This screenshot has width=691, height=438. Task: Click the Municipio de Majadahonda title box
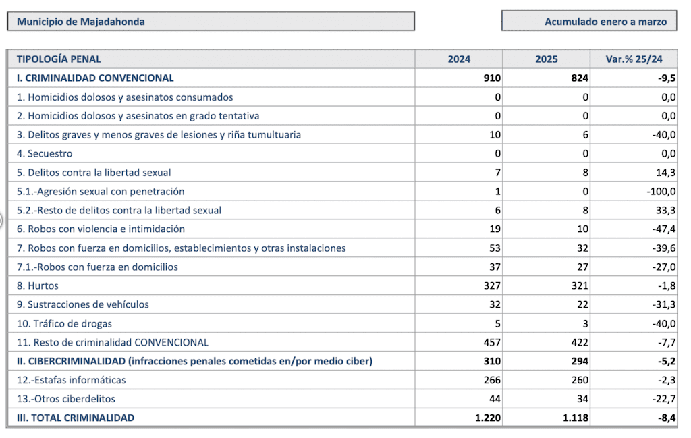click(211, 21)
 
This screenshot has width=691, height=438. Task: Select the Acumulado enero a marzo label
click(605, 22)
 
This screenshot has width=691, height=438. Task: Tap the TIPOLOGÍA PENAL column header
click(59, 59)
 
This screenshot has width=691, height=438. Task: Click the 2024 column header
click(459, 59)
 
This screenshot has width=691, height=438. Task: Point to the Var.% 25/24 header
click(634, 59)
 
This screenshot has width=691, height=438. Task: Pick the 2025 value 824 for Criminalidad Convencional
click(580, 78)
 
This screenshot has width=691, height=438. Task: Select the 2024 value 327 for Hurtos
click(492, 285)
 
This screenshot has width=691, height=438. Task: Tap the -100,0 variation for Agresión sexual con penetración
click(661, 191)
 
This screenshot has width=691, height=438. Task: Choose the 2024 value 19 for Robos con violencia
click(495, 229)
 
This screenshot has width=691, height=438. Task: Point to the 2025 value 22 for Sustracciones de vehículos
click(582, 304)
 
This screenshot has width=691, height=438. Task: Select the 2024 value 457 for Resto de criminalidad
click(492, 342)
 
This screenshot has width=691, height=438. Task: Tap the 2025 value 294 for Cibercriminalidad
click(580, 361)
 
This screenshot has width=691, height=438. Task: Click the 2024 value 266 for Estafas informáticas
click(492, 380)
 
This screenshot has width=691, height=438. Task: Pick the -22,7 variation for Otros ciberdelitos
click(664, 399)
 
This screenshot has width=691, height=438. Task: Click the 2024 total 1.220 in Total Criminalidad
click(488, 418)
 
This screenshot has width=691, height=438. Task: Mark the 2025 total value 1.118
click(576, 418)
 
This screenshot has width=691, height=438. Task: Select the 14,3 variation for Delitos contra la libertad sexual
click(665, 172)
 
